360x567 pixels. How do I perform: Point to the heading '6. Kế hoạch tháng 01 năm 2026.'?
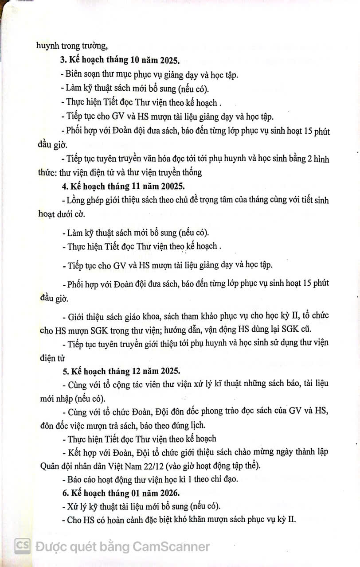[122, 493]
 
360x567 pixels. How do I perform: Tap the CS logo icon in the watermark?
[22, 546]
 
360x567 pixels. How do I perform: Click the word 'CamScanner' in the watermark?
[171, 546]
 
